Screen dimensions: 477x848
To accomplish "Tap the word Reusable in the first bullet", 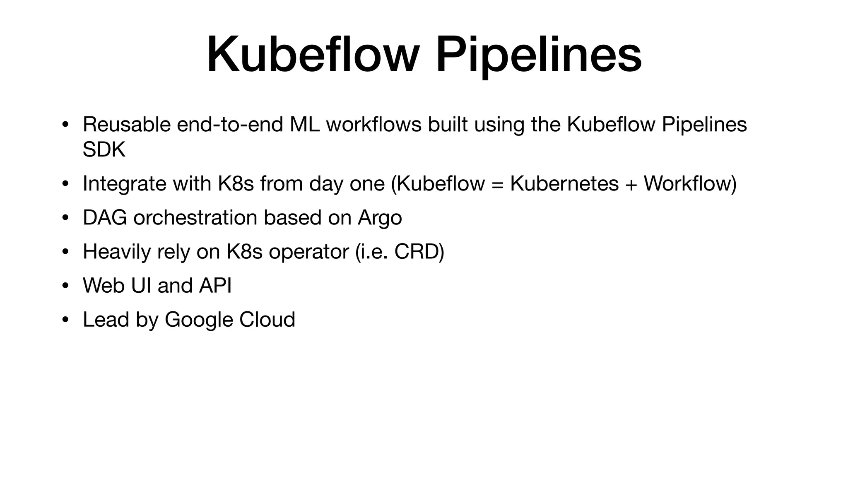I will point(126,124).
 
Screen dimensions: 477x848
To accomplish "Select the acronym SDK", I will point(104,149).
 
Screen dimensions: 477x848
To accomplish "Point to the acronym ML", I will point(304,124).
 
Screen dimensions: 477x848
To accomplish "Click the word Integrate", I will point(124,183).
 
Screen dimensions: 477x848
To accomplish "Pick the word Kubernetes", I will point(564,183).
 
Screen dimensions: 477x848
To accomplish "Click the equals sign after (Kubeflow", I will point(497,184).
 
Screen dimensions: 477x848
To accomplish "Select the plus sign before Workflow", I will point(631,184).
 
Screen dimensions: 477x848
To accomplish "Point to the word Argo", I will point(380,218).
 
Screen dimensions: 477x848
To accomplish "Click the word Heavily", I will point(116,252).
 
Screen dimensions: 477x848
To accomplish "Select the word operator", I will point(309,252).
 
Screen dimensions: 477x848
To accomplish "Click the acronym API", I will point(215,285).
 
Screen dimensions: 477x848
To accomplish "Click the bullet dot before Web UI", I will point(65,286).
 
